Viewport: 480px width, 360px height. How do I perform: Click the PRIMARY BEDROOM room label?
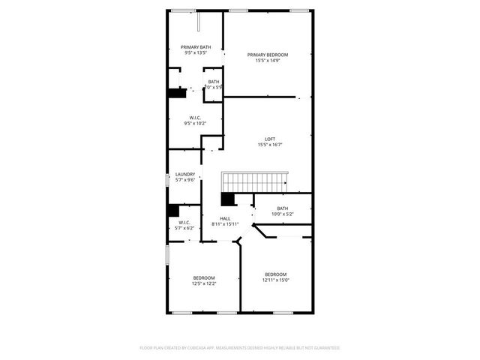(x=268, y=55)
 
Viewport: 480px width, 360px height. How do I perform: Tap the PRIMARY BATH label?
(x=195, y=47)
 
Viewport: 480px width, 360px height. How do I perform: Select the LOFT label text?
(x=269, y=139)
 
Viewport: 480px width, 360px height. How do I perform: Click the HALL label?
(x=225, y=218)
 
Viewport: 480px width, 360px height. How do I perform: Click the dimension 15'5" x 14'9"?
(x=268, y=61)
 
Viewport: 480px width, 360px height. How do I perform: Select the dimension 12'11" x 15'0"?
(x=276, y=280)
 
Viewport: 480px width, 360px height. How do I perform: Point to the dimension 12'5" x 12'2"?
(x=203, y=283)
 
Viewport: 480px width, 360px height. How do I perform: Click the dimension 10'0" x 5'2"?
(x=282, y=214)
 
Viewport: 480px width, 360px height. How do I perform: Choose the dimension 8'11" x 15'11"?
(x=225, y=224)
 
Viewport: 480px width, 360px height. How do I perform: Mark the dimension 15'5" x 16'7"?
(x=269, y=145)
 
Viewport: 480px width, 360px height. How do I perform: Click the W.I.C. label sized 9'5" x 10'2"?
(x=194, y=117)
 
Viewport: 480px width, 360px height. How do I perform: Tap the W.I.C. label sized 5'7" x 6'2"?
(x=184, y=222)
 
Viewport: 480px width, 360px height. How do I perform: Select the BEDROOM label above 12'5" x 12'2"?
(x=203, y=277)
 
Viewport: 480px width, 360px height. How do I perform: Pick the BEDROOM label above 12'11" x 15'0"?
(x=276, y=274)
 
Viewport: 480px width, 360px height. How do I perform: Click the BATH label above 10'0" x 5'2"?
(x=282, y=208)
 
